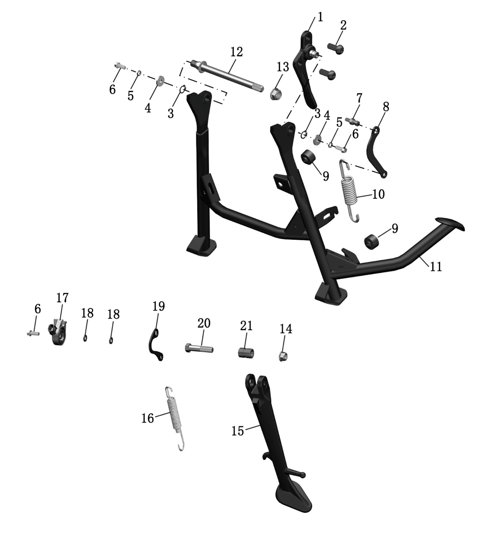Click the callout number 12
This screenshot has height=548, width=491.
click(x=236, y=52)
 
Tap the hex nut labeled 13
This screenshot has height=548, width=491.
click(x=275, y=93)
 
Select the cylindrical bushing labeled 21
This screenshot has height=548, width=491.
click(x=246, y=352)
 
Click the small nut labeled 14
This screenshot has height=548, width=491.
click(x=283, y=355)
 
